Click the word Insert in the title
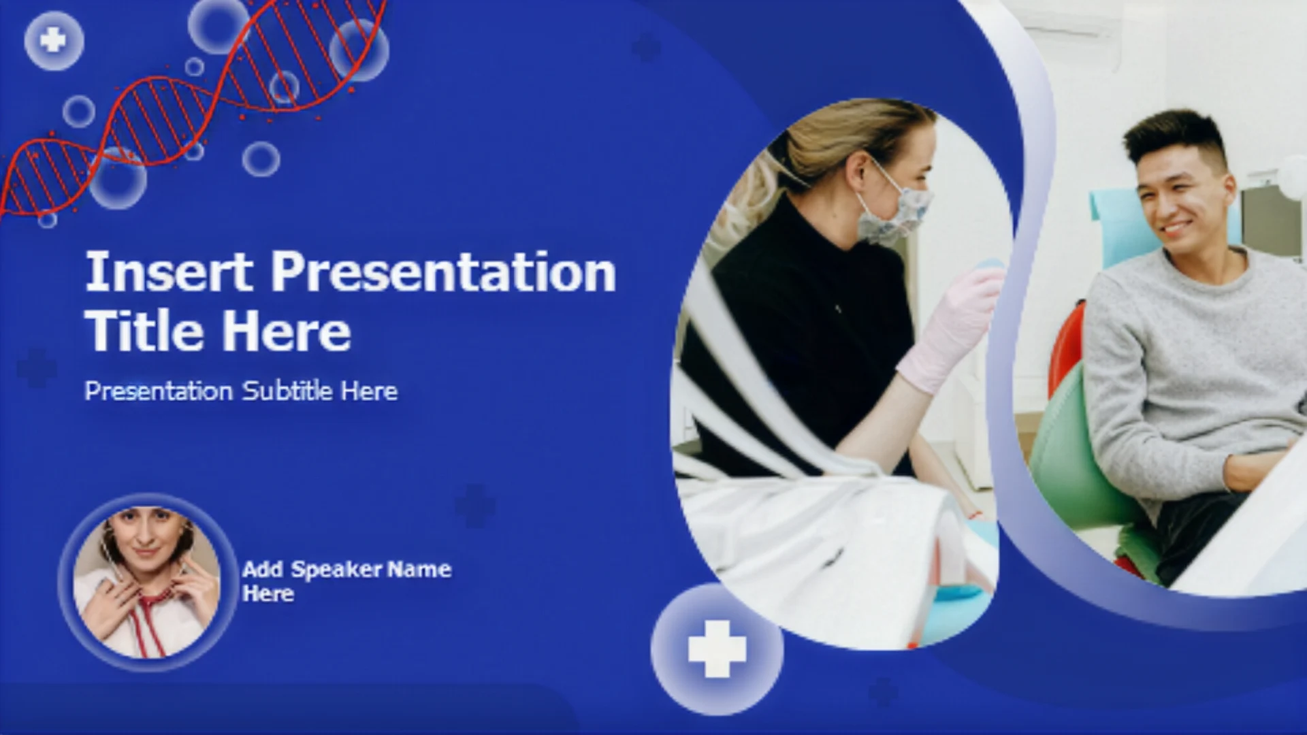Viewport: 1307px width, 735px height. click(168, 272)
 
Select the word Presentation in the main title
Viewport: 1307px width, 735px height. click(443, 272)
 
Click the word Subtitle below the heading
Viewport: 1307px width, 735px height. click(287, 391)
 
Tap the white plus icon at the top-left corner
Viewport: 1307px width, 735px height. click(53, 40)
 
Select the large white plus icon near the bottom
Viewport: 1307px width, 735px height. click(717, 649)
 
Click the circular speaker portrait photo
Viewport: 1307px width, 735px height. click(147, 583)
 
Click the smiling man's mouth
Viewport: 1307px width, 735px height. click(1176, 227)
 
